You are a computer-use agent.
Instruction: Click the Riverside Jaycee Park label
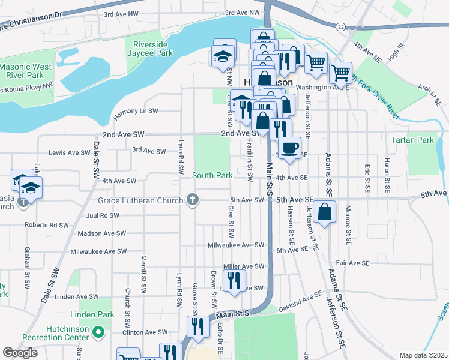149,47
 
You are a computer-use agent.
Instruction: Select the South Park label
212,176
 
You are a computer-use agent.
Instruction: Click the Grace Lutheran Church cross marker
192,199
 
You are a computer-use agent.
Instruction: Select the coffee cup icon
289,148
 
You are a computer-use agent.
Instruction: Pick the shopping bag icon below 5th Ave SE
324,212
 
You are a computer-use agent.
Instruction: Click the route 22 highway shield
340,26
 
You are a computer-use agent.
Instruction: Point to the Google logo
20,353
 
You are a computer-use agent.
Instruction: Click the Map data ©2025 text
423,355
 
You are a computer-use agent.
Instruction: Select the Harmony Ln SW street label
135,111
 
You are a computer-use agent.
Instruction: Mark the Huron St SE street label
387,171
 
